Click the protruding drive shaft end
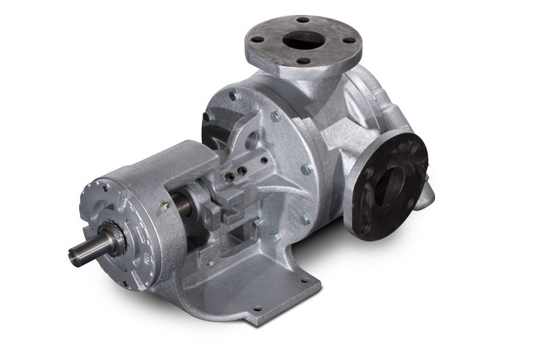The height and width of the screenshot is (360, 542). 80,253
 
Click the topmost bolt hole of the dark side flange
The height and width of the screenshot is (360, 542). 411,144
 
